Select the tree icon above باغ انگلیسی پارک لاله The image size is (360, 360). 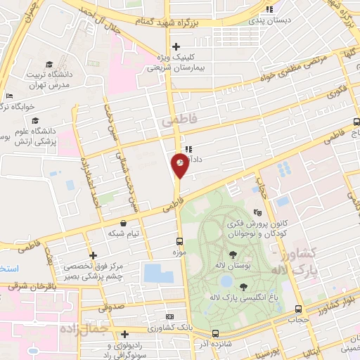tap(243, 286)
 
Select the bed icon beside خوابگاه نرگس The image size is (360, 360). tap(8, 96)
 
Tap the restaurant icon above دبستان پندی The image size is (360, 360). tap(269, 9)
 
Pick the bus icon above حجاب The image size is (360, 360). tap(299, 309)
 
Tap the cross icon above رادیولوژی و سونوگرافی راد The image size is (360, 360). tap(124, 335)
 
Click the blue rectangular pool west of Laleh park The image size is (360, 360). tap(157, 274)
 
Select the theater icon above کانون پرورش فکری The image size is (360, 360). tap(258, 212)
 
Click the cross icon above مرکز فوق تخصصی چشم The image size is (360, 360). tap(93, 255)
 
